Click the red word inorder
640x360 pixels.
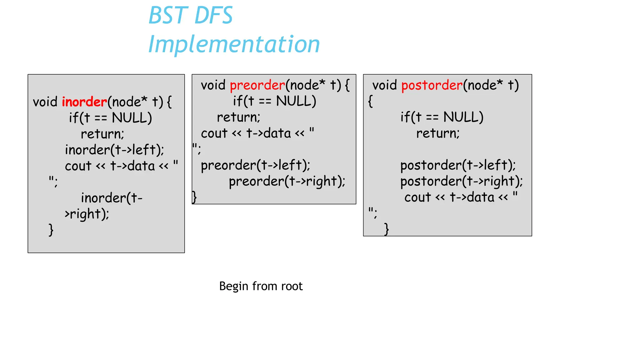(84, 102)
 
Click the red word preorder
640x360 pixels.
(257, 85)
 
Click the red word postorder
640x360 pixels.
(432, 85)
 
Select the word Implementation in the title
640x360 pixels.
(234, 44)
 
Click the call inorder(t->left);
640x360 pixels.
(114, 150)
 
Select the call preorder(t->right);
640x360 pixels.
(287, 182)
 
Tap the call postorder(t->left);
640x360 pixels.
(458, 165)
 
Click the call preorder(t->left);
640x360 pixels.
(255, 165)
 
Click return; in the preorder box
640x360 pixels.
(238, 117)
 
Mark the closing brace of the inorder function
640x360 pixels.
(51, 230)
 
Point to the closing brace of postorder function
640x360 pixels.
(387, 229)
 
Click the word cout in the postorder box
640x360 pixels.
(417, 197)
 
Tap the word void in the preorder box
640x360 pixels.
(213, 85)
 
